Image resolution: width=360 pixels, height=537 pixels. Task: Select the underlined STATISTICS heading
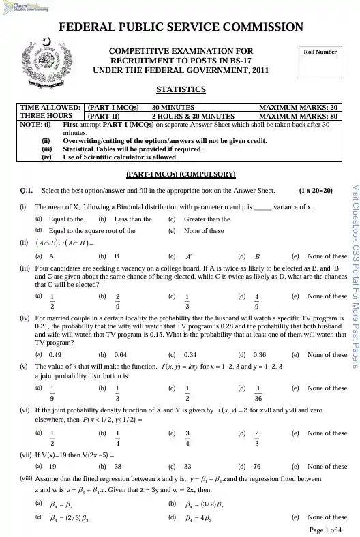[x=181, y=89]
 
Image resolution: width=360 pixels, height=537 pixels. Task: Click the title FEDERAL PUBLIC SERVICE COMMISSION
[x=181, y=28]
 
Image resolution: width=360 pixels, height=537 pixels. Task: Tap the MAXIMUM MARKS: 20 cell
[x=299, y=107]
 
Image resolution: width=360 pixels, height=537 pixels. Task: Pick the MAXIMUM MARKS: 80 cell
[x=299, y=117]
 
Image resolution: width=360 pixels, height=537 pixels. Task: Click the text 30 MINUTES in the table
[x=172, y=107]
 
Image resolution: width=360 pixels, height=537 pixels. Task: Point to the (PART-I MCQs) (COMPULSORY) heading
[x=181, y=174]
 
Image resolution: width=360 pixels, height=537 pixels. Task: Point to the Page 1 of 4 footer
[x=324, y=530]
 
